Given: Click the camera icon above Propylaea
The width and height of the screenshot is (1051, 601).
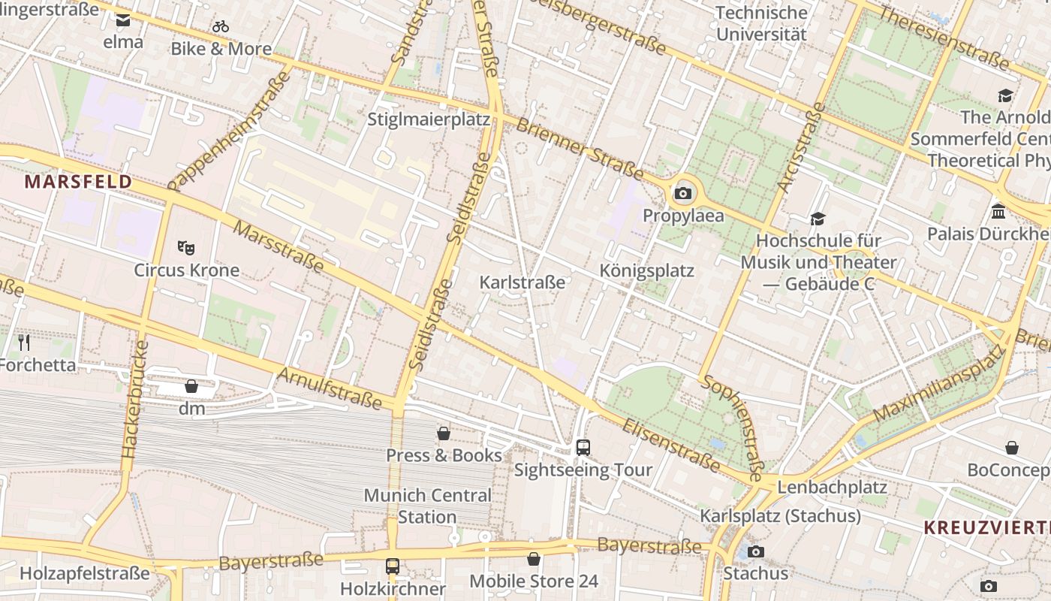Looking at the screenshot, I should (x=682, y=194).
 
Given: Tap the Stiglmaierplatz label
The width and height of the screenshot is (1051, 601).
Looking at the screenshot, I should (x=429, y=119).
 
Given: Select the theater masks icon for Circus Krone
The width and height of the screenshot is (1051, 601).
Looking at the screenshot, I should (x=186, y=247).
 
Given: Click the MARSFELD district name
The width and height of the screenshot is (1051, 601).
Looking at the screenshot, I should (x=78, y=182).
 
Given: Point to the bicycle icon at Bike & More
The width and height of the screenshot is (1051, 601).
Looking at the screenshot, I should (x=221, y=26).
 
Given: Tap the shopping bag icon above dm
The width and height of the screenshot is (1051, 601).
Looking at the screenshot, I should (x=191, y=386).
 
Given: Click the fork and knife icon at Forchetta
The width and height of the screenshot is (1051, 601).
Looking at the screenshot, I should (x=24, y=343).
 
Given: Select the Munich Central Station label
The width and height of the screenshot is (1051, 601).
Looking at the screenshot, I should (x=427, y=506).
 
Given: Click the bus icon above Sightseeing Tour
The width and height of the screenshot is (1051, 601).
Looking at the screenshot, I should (x=583, y=447).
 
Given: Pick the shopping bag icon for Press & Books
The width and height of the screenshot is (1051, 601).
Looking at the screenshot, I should (x=444, y=433).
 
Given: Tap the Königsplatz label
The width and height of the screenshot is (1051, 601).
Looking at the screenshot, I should (x=647, y=270).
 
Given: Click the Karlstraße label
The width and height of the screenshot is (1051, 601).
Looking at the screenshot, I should (x=522, y=282).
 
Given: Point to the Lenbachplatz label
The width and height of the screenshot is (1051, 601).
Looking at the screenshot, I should (x=832, y=487).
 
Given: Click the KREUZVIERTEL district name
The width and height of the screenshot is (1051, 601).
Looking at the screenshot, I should (x=986, y=527).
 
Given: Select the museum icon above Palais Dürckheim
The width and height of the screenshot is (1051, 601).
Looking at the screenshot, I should (x=998, y=211).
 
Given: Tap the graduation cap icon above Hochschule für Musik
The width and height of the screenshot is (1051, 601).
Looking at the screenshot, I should (x=818, y=219).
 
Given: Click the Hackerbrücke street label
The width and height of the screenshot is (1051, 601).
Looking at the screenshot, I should (x=134, y=400).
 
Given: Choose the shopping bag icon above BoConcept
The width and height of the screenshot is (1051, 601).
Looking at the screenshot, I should (x=1012, y=448).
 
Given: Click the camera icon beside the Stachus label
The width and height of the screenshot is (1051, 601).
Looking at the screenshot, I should (x=756, y=551).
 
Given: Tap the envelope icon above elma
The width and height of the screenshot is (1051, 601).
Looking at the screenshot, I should (x=123, y=20).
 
